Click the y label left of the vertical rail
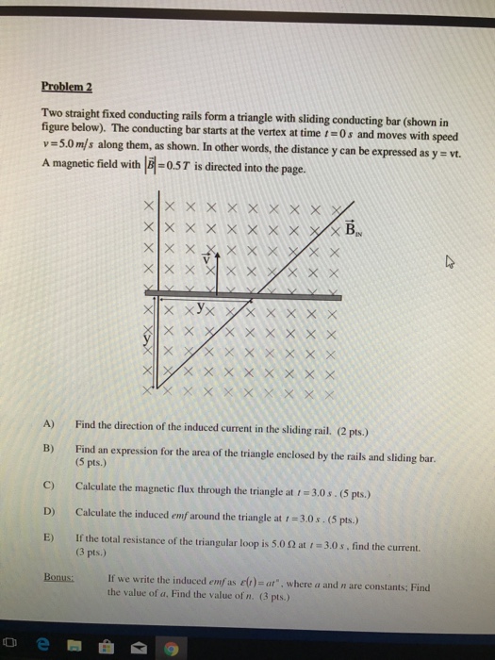(x=146, y=337)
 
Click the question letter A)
(x=49, y=424)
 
